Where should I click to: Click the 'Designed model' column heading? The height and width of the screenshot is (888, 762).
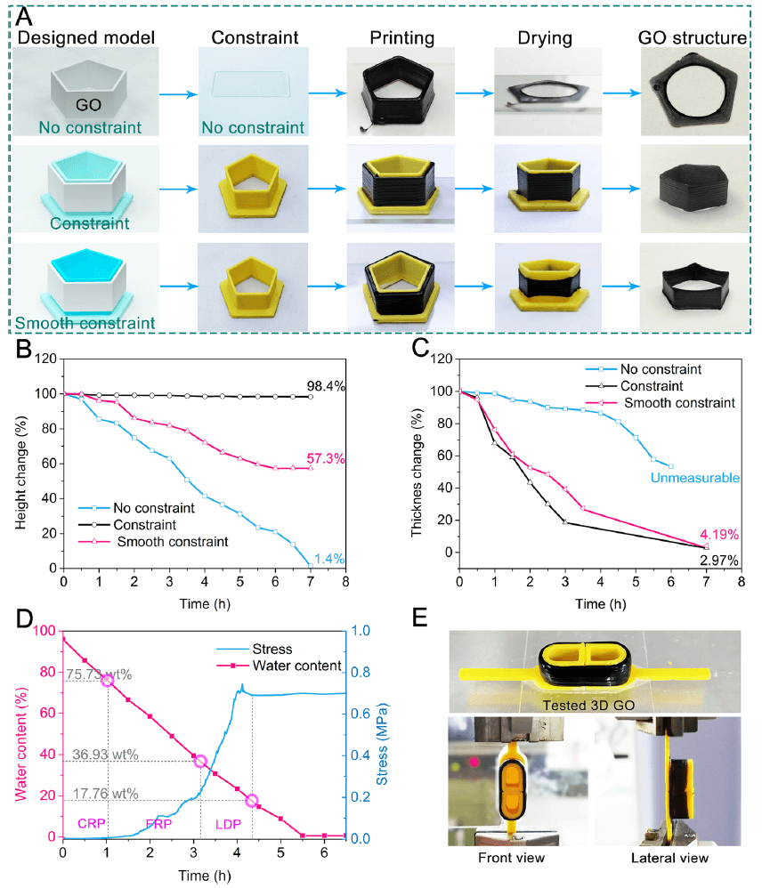86,38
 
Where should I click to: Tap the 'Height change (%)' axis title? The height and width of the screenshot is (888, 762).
19,464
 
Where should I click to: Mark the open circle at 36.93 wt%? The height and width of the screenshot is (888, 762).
200,761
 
